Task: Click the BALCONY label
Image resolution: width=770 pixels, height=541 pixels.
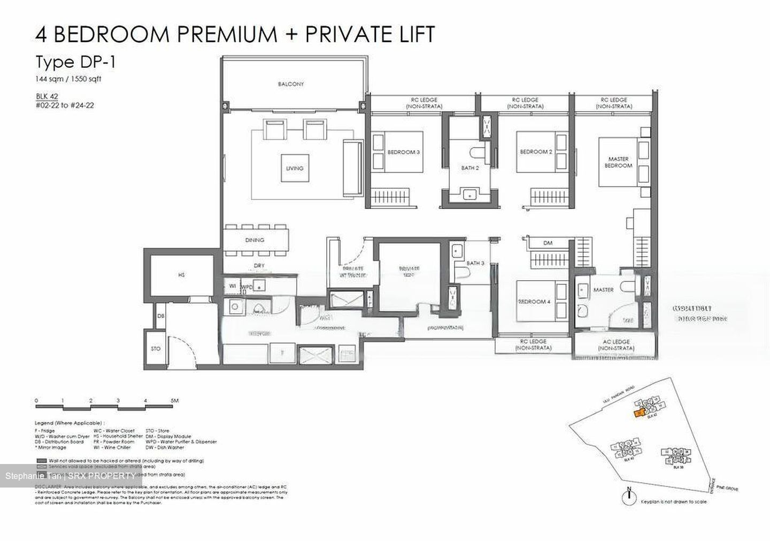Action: tap(291, 84)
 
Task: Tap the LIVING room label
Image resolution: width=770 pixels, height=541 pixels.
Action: tap(294, 168)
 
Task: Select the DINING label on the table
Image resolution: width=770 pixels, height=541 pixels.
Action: tap(255, 241)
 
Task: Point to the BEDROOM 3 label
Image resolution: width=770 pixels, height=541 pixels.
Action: tap(403, 152)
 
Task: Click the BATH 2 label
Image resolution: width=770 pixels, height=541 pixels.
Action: tap(469, 168)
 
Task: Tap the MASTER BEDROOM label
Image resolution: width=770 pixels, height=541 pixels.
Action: tap(618, 163)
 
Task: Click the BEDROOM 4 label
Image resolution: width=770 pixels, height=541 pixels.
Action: tap(534, 302)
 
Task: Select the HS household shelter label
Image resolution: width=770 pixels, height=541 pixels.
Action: tap(181, 275)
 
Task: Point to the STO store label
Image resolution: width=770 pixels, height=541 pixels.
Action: tap(155, 349)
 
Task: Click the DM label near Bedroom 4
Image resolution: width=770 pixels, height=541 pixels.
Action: tap(548, 243)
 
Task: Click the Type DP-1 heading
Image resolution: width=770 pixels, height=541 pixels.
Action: tap(75, 62)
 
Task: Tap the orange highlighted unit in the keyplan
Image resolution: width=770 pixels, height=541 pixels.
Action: tap(638, 413)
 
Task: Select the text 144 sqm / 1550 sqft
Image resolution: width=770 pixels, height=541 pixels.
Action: tap(68, 79)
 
